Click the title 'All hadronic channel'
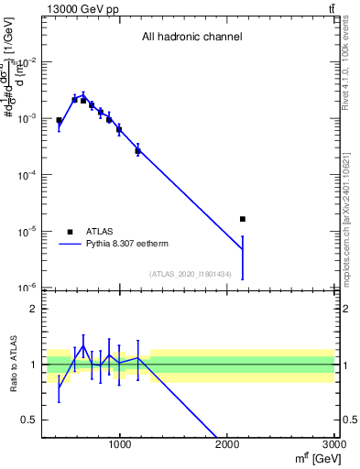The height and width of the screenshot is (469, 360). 191,38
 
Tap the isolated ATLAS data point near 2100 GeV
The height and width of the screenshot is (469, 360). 242,219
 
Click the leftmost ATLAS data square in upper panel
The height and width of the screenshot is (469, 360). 59,120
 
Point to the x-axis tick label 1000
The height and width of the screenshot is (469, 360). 120,445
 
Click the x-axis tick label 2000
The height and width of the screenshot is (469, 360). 227,445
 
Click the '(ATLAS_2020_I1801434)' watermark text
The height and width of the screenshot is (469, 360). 191,274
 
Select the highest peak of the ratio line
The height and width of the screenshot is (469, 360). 83,346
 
